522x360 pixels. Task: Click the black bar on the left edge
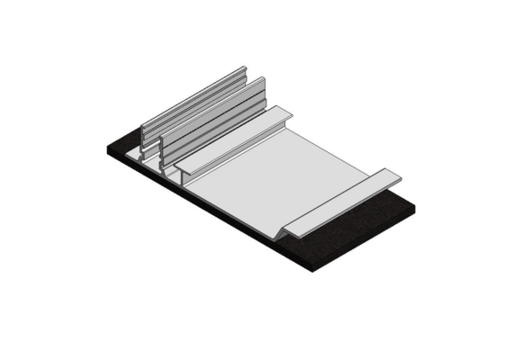[40, 180]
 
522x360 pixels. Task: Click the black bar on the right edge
[481, 180]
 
